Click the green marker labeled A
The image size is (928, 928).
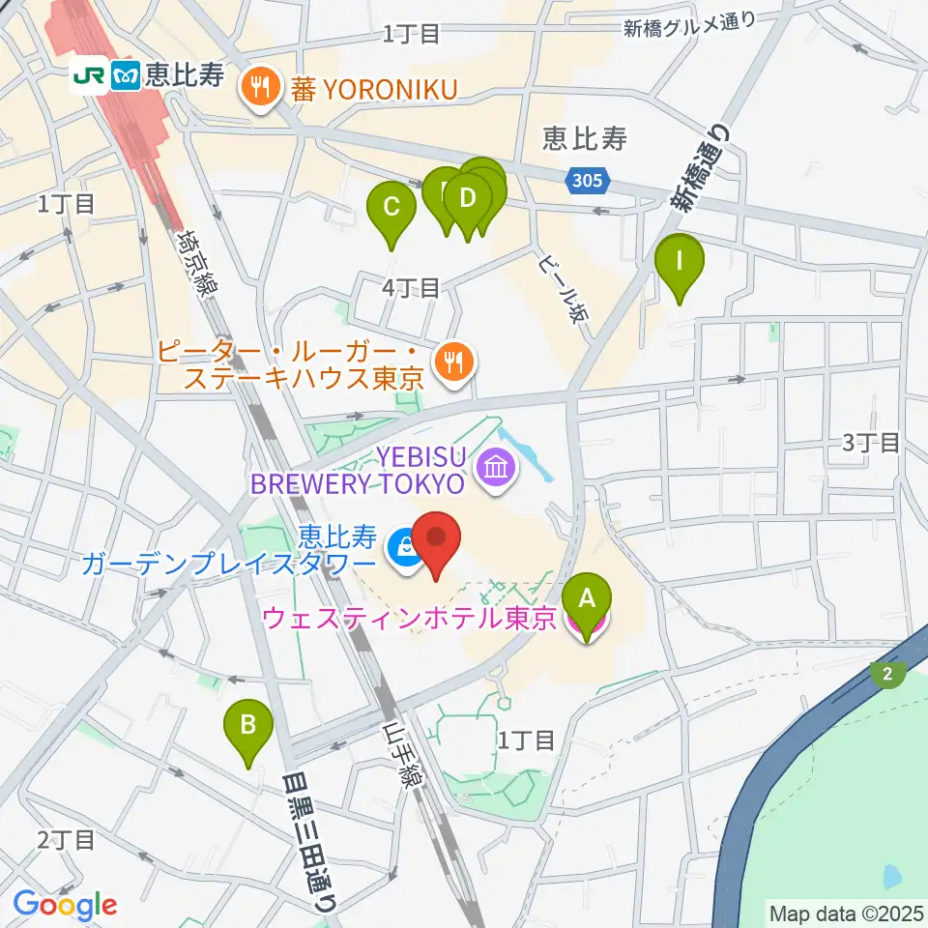(x=588, y=600)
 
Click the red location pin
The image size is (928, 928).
(x=436, y=541)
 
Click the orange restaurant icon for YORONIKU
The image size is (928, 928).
(x=258, y=89)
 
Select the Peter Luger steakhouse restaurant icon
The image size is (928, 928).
(x=452, y=362)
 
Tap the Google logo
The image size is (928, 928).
(x=65, y=905)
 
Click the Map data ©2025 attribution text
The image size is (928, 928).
(x=845, y=912)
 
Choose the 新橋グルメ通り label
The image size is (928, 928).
(x=688, y=26)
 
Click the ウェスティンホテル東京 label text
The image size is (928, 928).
(x=409, y=618)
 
